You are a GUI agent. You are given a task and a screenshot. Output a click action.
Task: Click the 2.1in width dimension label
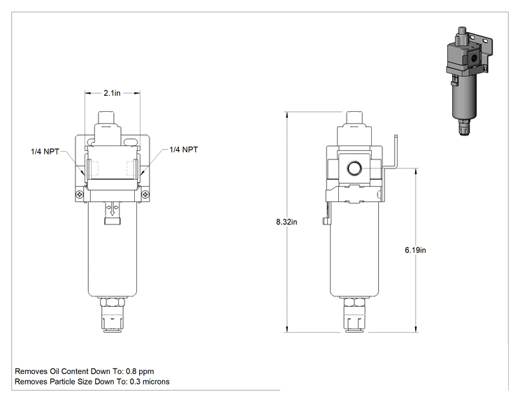tap(112, 93)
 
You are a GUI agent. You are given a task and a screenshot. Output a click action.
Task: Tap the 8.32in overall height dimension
tap(287, 222)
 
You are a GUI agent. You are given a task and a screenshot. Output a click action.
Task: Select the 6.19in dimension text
tap(415, 250)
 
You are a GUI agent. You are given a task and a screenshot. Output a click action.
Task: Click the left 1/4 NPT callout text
tap(45, 152)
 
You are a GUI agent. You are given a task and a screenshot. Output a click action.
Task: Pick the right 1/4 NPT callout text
tap(183, 150)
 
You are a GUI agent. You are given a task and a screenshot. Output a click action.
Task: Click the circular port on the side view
tap(354, 168)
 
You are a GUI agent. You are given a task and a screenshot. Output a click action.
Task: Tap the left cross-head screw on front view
tap(80, 194)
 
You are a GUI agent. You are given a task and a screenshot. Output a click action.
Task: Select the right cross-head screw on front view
tap(145, 194)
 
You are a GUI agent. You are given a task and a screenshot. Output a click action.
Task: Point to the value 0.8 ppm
tap(140, 371)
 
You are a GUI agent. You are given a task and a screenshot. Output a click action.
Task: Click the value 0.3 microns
tap(150, 382)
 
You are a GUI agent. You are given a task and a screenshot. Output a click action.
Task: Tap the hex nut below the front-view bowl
tap(113, 302)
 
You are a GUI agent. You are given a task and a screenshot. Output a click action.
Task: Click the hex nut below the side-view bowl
tap(354, 302)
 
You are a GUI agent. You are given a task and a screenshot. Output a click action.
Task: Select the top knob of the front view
tap(106, 117)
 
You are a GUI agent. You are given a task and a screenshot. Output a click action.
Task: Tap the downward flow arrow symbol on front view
tap(113, 209)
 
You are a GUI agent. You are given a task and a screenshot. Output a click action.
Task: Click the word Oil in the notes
tap(55, 371)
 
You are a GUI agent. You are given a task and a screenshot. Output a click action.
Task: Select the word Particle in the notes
tap(63, 382)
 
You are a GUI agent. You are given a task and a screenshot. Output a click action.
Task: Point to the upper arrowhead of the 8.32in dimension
tap(287, 115)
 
